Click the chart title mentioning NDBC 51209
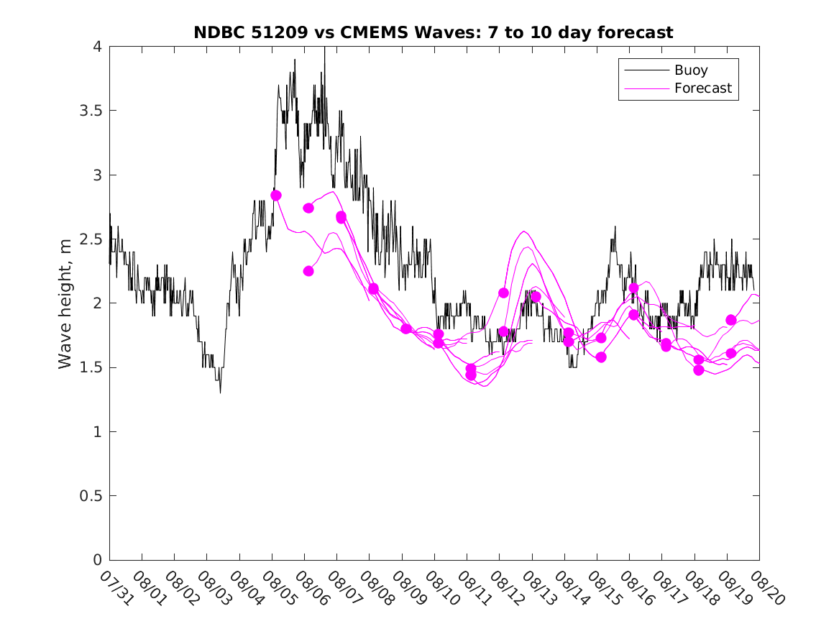pos(434,32)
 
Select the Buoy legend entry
pos(690,70)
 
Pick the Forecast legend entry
pos(702,88)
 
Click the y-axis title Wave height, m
pos(65,303)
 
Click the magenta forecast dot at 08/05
pos(276,196)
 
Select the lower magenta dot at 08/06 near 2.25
pos(308,271)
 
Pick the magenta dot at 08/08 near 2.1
pos(373,288)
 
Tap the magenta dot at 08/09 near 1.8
pos(406,329)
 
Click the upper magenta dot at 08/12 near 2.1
pos(503,293)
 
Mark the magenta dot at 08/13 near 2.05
pos(536,297)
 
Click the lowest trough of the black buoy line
pos(220,392)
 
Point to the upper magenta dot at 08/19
pos(731,320)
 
